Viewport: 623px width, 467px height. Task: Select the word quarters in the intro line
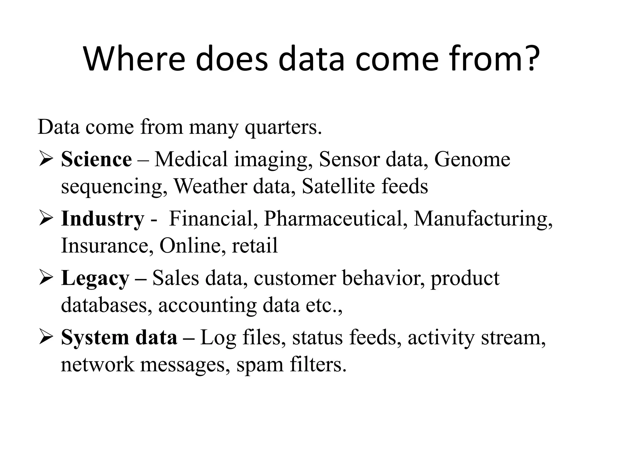[283, 128]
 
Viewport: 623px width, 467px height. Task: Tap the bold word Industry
[103, 219]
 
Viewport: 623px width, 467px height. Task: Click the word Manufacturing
[482, 219]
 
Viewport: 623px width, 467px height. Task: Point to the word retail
[255, 245]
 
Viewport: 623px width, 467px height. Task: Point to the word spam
[260, 365]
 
